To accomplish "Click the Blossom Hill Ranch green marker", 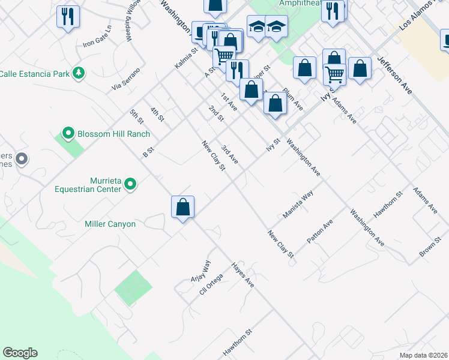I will click(68, 133).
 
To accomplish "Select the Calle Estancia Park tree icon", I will click(78, 73).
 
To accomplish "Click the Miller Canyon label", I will click(110, 224).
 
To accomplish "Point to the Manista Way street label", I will click(298, 205).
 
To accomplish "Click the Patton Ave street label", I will click(319, 231).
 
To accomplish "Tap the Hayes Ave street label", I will click(243, 275).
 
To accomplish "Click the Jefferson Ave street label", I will click(394, 74).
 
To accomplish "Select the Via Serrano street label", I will click(125, 80).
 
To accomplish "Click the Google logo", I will click(20, 353).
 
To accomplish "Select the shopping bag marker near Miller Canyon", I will click(182, 208).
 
